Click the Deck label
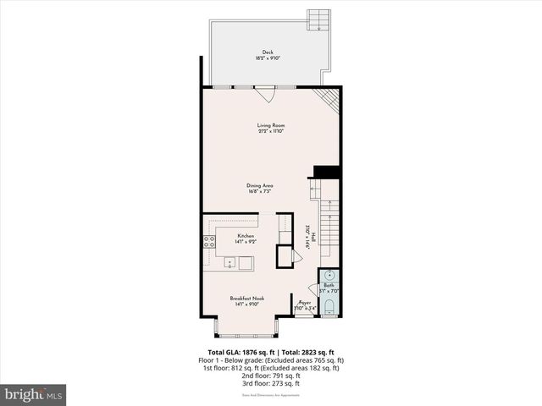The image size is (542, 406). point(268,52)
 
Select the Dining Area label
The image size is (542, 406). point(259,185)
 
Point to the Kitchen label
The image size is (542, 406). point(246,236)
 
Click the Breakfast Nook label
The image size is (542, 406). point(246,298)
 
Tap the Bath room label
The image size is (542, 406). point(329,286)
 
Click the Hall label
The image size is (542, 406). point(313,238)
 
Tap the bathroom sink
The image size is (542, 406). point(329,276)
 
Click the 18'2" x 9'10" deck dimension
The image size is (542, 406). point(268,58)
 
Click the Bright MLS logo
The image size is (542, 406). point(34,394)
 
